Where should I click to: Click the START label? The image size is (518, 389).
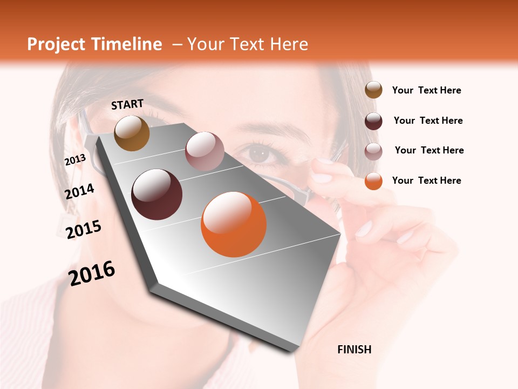(127, 104)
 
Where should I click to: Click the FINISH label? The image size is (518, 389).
(354, 350)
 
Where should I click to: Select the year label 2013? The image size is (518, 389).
(75, 159)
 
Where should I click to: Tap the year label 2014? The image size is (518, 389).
(79, 191)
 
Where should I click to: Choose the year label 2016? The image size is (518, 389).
(92, 273)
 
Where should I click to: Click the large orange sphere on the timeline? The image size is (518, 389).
(234, 224)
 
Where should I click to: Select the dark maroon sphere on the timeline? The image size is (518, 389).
(156, 194)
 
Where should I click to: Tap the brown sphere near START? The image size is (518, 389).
(132, 133)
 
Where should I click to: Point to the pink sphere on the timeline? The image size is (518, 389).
(205, 151)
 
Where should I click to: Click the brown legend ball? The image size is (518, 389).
(373, 90)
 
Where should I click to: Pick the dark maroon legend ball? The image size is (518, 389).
(373, 121)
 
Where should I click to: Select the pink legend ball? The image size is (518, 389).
(373, 151)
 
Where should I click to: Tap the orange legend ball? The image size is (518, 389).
(373, 181)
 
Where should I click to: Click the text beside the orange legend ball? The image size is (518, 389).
(426, 180)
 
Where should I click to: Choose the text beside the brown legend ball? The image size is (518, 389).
(426, 90)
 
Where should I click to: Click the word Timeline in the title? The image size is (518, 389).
(126, 44)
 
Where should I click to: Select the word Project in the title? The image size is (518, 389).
(56, 44)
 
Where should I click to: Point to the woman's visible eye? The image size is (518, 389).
(261, 153)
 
